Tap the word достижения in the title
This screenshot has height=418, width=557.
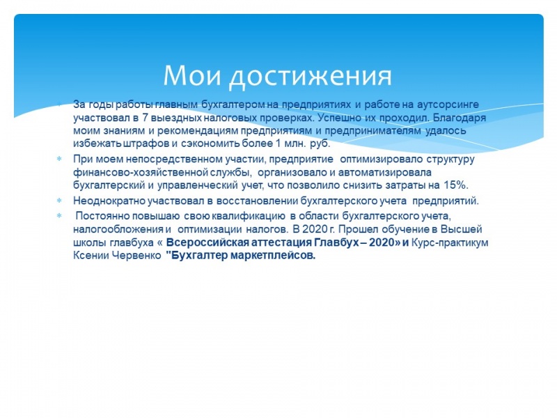point(311,76)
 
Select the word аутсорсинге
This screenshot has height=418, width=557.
point(448,105)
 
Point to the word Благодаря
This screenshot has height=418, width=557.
point(460,118)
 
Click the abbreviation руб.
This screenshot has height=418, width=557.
point(320,144)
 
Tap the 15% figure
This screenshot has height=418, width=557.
point(456,185)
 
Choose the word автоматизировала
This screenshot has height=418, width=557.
point(385,172)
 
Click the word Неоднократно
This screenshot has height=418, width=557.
point(109,201)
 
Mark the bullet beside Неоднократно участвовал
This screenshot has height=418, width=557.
point(59,201)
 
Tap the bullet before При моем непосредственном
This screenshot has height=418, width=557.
point(59,159)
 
